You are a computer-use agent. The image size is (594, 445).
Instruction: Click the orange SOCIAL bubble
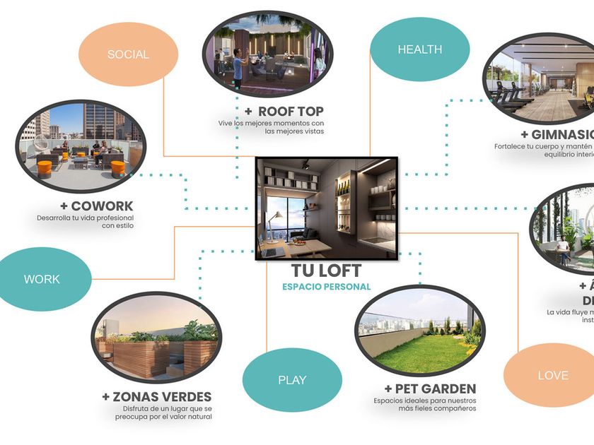point(128,54)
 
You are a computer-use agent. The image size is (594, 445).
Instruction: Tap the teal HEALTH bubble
point(420,49)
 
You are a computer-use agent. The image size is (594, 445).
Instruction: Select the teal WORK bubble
point(42,279)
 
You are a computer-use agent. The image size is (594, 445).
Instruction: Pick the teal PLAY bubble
point(292,380)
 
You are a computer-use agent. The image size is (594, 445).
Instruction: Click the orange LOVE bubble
point(552,375)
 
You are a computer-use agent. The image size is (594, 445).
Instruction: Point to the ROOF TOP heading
point(284,111)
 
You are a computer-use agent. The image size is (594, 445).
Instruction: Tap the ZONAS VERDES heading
point(156,397)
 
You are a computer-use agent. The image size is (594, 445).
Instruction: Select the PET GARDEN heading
point(430,388)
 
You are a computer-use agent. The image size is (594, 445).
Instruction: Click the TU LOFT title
point(327,271)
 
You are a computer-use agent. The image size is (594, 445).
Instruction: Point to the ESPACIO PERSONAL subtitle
point(326,287)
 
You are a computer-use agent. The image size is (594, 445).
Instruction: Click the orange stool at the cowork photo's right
point(117,168)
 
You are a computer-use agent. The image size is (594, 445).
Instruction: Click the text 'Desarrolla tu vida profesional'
point(85,218)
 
